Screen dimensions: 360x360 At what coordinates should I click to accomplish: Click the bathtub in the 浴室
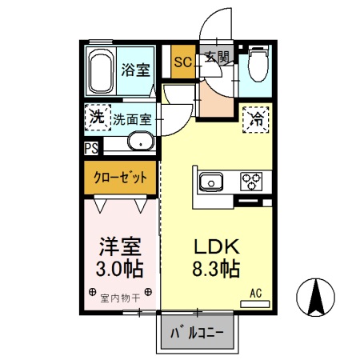[100, 70]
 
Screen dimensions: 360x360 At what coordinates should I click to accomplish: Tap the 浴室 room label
[135, 70]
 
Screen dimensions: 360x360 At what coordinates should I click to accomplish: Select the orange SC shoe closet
[182, 62]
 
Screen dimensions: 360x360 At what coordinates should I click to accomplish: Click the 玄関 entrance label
[216, 57]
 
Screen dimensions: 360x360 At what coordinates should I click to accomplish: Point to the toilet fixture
[258, 66]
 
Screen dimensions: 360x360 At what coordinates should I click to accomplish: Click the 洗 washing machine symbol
[96, 118]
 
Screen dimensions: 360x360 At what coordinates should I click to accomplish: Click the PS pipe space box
[91, 148]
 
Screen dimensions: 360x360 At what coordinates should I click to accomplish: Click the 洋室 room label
[119, 245]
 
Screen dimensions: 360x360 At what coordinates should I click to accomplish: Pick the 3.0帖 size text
[120, 266]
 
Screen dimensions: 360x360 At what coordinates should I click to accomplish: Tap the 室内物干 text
[120, 298]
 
